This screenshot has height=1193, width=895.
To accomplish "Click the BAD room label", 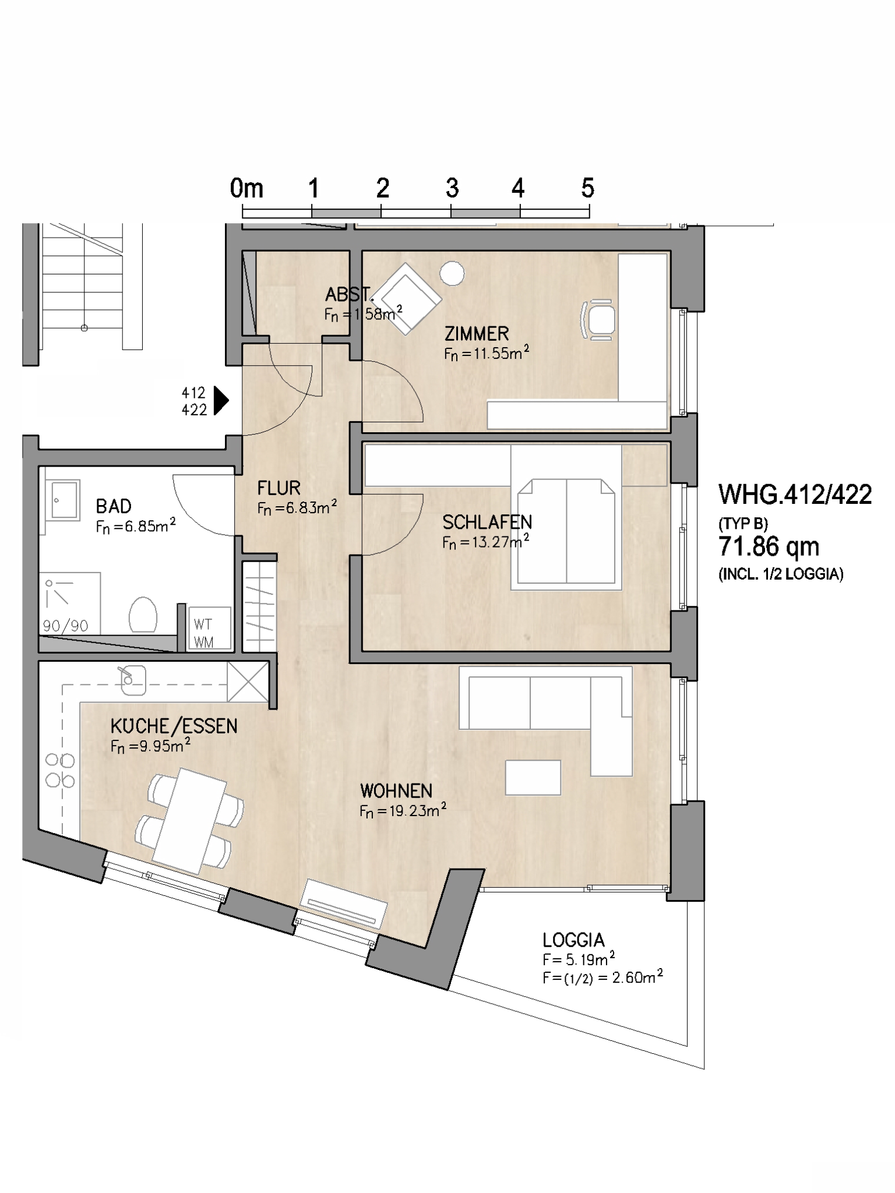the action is tap(114, 506).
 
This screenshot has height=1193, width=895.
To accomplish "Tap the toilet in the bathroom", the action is tap(143, 615).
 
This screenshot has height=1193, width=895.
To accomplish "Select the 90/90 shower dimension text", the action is tap(65, 626).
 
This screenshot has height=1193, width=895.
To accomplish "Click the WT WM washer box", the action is tap(209, 628).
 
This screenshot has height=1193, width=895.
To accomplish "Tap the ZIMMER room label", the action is tap(477, 334).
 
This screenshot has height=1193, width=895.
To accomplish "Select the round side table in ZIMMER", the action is tap(452, 273).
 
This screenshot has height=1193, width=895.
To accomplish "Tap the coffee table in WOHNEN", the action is tap(533, 777).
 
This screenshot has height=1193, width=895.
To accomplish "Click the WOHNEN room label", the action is tap(396, 791).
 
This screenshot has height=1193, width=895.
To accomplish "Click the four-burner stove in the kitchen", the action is tap(60, 770).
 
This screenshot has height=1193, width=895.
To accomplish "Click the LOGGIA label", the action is tap(573, 940).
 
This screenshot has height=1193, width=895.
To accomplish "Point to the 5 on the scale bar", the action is tap(587, 188).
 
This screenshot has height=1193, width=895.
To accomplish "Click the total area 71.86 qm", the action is tap(769, 546).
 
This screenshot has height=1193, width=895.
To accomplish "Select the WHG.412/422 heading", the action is tap(795, 495).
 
